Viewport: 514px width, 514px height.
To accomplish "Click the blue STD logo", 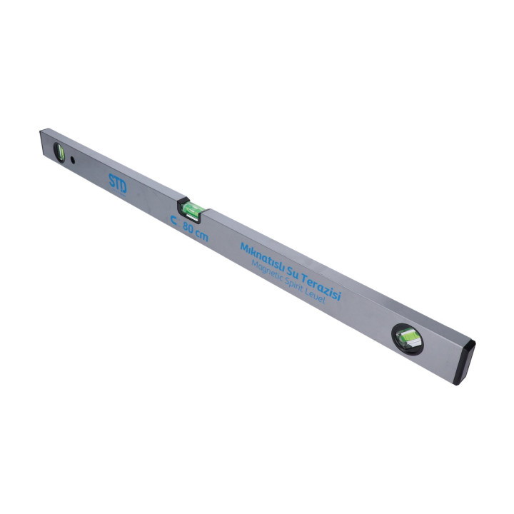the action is tap(117, 183).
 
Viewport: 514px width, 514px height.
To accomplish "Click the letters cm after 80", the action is tap(201, 234).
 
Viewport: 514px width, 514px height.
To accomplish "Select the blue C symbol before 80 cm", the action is tap(174, 221).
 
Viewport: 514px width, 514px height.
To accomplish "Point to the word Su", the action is tap(293, 272).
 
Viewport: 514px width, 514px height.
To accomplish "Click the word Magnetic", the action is tap(267, 272).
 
